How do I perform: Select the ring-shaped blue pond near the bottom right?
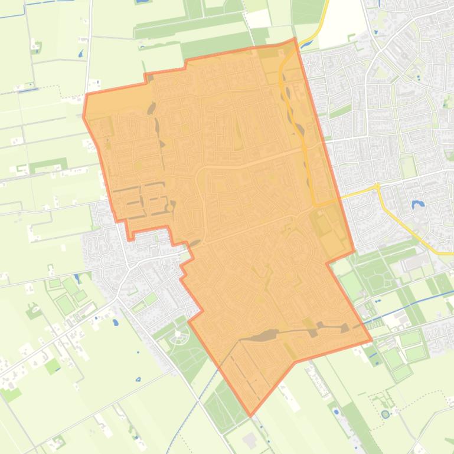(x=386, y=414)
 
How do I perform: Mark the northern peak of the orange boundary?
(x=295, y=39)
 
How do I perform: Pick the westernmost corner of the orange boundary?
(x=83, y=116)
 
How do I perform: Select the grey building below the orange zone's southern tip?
(x=250, y=440)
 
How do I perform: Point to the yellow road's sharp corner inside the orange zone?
(x=315, y=205)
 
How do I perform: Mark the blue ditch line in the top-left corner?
(x=35, y=8)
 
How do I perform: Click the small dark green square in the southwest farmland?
(x=53, y=366)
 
